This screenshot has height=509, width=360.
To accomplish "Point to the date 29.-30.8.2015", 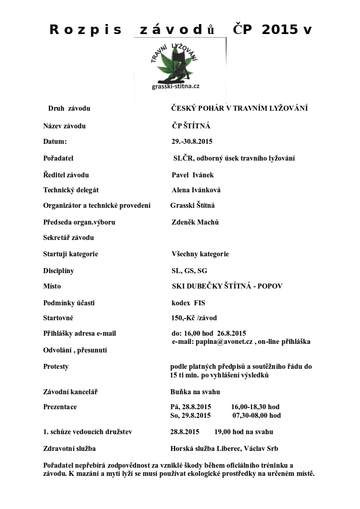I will tap(192, 142).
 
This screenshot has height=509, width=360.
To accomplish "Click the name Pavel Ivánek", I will tap(192, 175).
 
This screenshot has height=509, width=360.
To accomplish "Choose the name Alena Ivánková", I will tap(196, 191).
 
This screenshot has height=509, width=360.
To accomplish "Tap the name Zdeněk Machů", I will tap(195, 222).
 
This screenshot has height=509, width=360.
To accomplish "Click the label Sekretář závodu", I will tap(69, 238).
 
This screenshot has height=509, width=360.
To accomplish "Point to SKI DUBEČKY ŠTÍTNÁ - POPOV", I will tap(227, 286).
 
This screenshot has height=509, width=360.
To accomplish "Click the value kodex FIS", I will tap(188, 303).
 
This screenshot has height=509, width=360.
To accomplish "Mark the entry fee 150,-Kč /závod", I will tap(194, 318).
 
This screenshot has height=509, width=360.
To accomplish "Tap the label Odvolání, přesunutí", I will tap(75, 350).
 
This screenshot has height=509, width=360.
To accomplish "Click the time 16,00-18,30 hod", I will tap(255, 407).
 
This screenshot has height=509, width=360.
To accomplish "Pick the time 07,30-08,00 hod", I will tap(256, 415).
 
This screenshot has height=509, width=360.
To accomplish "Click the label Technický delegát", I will tap(71, 191).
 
